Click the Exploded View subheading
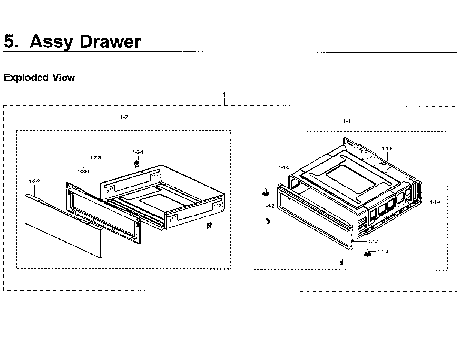(39, 78)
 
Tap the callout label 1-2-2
(34, 181)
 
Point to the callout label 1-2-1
(138, 152)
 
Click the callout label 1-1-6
(387, 149)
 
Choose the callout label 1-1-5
(284, 167)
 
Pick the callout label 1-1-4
(435, 202)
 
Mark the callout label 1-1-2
(269, 206)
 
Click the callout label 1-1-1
(373, 242)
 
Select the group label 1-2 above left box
(124, 117)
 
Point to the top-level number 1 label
(224, 95)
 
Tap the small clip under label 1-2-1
(137, 164)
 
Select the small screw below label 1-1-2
(268, 220)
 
